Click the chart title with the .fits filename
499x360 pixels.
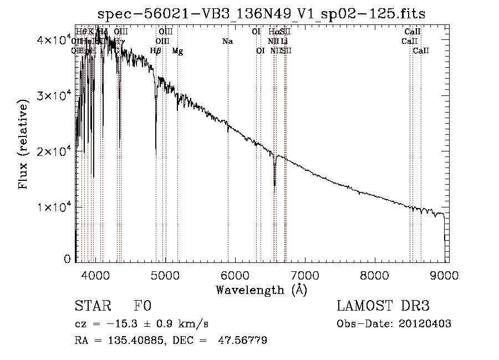[261, 14]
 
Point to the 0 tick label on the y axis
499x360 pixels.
[67, 258]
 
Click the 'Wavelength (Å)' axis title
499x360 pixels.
[261, 290]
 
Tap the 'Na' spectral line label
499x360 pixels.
[227, 42]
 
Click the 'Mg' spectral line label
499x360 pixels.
[177, 51]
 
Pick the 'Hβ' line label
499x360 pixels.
[156, 51]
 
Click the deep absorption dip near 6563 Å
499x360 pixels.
[274, 183]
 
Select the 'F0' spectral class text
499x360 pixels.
[142, 307]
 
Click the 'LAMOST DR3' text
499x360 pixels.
[383, 307]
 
